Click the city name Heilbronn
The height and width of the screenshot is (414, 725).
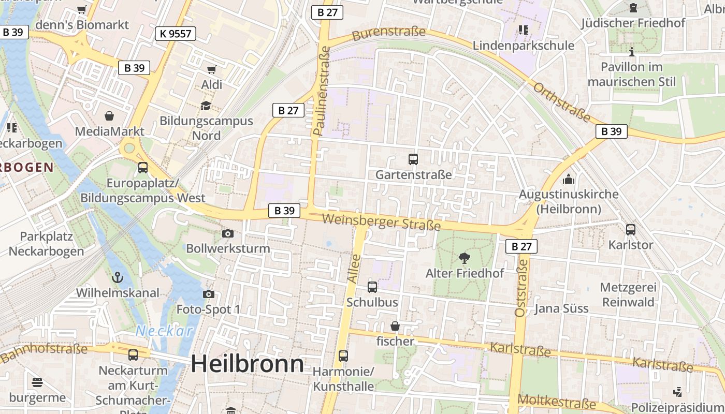(247, 364)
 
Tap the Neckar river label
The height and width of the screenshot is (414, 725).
(164, 331)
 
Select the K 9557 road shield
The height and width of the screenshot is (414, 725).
(176, 34)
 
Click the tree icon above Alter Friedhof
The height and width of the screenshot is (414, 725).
(465, 257)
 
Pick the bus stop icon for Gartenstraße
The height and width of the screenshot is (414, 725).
(413, 159)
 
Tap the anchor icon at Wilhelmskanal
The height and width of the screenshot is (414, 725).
(118, 277)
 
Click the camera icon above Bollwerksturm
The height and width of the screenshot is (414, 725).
(227, 234)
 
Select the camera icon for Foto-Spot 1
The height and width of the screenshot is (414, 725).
(208, 294)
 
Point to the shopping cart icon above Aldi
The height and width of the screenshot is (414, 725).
(211, 69)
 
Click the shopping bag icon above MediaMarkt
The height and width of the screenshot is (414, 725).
(109, 116)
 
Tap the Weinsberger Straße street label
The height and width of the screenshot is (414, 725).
(381, 222)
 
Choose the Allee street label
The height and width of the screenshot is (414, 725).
(354, 268)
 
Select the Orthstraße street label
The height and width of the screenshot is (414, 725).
(561, 102)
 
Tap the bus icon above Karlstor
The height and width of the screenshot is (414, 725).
(630, 229)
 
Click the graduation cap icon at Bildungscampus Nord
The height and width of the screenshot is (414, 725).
(206, 106)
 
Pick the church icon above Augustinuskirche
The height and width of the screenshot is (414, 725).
(569, 179)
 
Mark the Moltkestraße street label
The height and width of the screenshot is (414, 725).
(557, 402)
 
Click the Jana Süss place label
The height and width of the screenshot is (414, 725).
(561, 308)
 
